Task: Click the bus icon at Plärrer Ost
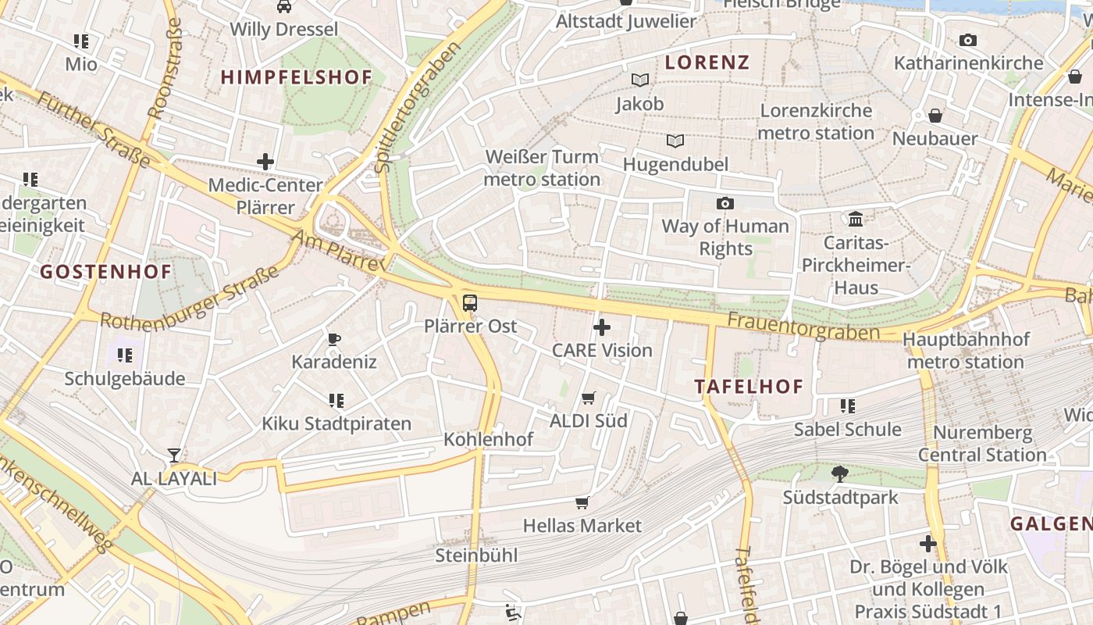(x=469, y=303)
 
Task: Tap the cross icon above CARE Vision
(x=602, y=327)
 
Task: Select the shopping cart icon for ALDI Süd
(x=589, y=398)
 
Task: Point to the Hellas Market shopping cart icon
(x=582, y=502)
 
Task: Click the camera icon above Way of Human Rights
(x=725, y=203)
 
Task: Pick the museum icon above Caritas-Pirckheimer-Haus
(x=856, y=219)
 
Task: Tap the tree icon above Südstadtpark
(x=840, y=473)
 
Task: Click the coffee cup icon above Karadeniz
(x=334, y=339)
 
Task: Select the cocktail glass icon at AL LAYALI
(x=174, y=455)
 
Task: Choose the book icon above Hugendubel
(x=675, y=141)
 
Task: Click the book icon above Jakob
(x=639, y=80)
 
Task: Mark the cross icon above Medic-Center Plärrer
(x=265, y=162)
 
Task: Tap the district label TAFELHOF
(x=749, y=387)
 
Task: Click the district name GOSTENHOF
(x=105, y=272)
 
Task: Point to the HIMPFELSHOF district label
(x=297, y=77)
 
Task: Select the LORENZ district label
(x=707, y=63)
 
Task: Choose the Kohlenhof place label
(x=488, y=439)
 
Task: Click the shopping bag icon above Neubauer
(x=935, y=116)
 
